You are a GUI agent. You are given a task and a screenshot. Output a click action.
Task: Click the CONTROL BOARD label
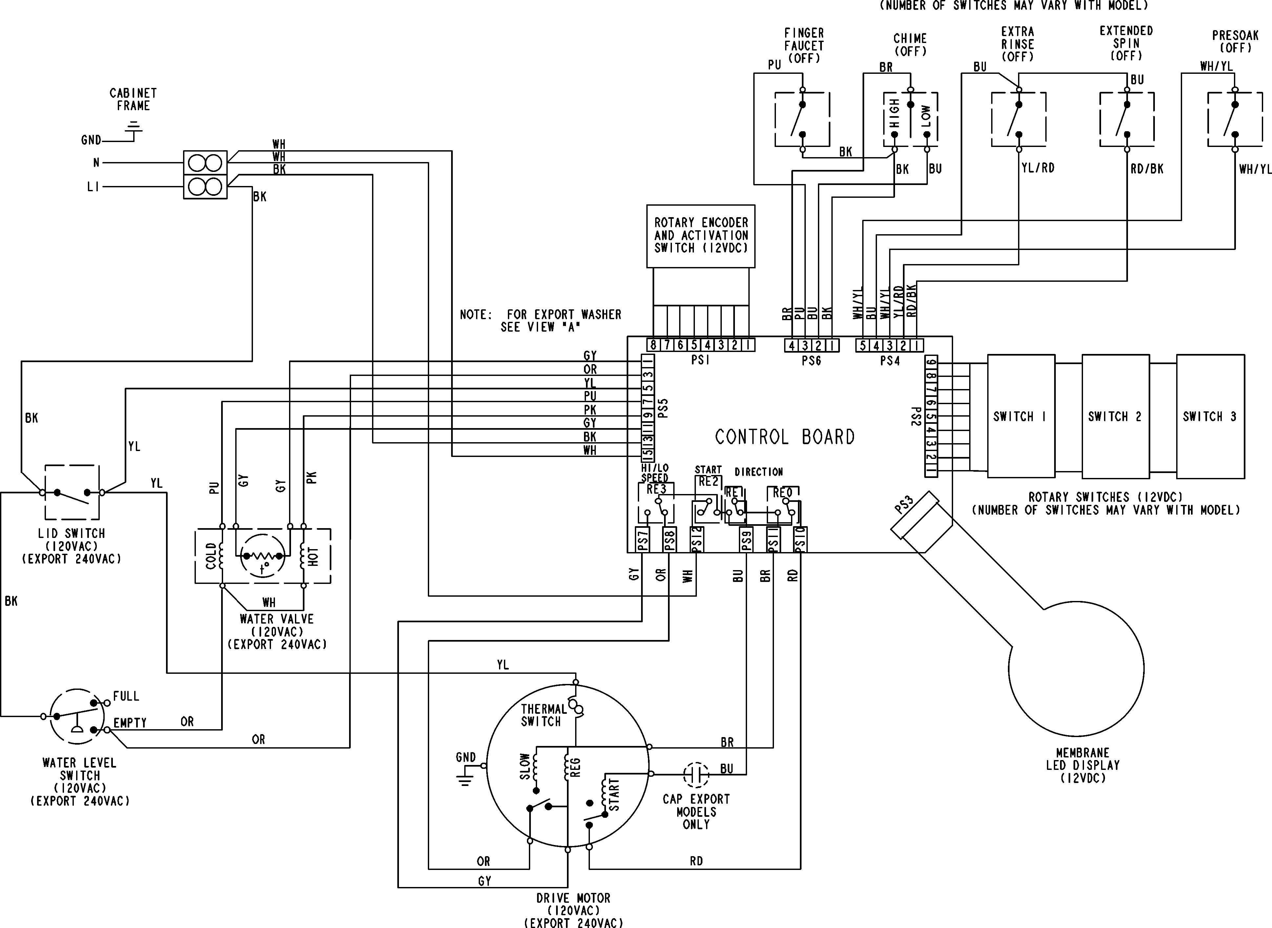coord(784,437)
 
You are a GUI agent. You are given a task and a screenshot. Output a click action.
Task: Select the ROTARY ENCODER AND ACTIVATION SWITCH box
coord(700,236)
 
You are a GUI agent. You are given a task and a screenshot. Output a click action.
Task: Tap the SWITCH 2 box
coord(1115,416)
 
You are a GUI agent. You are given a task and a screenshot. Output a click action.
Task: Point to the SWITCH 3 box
coord(1210,416)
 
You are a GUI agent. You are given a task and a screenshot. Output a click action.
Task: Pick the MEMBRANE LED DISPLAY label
coord(1083,765)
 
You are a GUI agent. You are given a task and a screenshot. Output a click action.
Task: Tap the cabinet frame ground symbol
coord(134,129)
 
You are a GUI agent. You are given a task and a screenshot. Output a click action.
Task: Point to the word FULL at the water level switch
coord(126,696)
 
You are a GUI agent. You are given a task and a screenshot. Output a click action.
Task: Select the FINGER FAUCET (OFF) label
coord(804,46)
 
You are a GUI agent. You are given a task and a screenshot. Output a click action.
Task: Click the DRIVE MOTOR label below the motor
coord(573,898)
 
